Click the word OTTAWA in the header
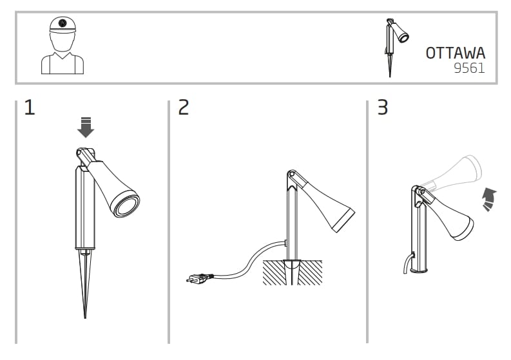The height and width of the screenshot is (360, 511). coord(455,53)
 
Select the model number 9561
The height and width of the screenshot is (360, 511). coord(468,68)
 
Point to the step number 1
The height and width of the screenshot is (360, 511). coord(29,108)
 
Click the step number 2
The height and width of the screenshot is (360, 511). coord(184,108)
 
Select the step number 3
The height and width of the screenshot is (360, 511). coord(382,108)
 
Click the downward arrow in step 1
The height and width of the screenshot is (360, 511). coord(85,128)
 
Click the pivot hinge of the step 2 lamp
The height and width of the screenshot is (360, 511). coord(291,175)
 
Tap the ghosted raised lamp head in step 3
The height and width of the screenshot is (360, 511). coord(454,171)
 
